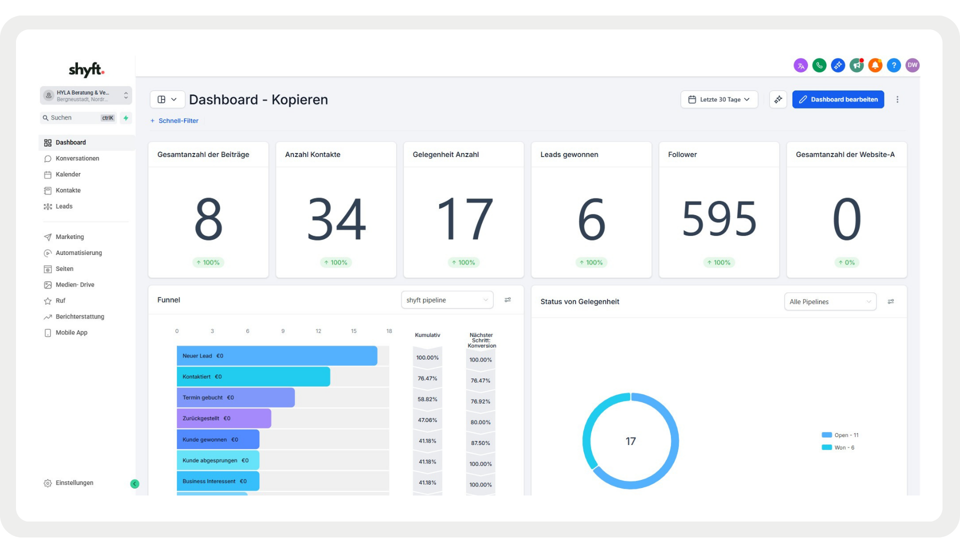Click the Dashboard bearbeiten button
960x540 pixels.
(838, 99)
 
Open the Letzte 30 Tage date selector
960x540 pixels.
(719, 99)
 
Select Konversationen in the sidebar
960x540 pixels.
(77, 158)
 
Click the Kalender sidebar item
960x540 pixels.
(68, 174)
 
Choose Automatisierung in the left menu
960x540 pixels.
(78, 253)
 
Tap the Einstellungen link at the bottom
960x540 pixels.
(74, 483)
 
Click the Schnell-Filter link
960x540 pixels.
(178, 121)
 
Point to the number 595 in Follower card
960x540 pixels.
(719, 219)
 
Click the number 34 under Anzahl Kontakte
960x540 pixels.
(336, 219)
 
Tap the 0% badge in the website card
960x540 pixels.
(846, 262)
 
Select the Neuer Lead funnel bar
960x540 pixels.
(276, 356)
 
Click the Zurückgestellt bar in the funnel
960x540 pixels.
(223, 418)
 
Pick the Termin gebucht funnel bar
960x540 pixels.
(235, 397)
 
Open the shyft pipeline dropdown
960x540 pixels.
(446, 300)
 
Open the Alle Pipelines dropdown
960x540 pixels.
(829, 301)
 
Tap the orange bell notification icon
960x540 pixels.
(875, 65)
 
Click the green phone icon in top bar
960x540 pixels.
(819, 65)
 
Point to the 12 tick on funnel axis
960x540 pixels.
(318, 331)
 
